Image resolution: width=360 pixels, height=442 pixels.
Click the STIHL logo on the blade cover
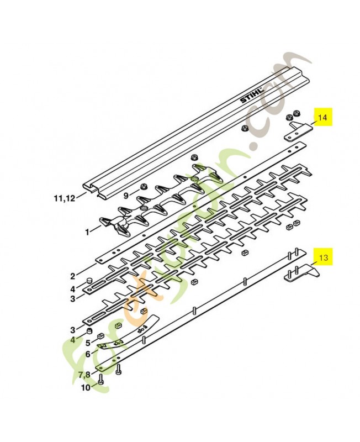tap(252, 96)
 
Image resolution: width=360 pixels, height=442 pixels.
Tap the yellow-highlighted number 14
tap(323, 117)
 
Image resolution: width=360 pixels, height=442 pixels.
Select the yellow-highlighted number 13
tap(324, 257)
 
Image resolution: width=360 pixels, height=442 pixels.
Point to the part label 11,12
tap(65, 198)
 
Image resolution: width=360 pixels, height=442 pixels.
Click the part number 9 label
tap(126, 195)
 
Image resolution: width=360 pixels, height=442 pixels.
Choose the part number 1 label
tap(88, 232)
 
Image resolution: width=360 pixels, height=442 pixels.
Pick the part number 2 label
tap(73, 276)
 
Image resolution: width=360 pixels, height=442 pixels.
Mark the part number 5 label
tap(88, 343)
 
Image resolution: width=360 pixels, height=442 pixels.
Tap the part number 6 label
tap(88, 354)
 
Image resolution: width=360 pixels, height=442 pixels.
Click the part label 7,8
tap(84, 375)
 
